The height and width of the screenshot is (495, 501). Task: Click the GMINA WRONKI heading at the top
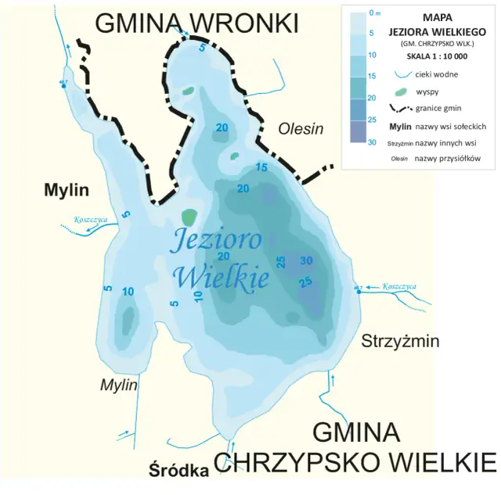click(196, 24)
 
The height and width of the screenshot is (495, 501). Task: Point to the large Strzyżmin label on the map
click(399, 341)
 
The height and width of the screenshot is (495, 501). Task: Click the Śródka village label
click(178, 471)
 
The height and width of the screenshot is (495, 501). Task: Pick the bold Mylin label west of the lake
click(67, 190)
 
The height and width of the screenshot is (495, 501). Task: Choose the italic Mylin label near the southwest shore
click(118, 385)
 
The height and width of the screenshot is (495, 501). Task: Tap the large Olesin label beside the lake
click(301, 129)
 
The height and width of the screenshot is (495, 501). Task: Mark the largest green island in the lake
click(189, 217)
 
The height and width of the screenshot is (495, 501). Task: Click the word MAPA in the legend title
click(436, 16)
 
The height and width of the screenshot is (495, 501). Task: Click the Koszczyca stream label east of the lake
click(398, 286)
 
